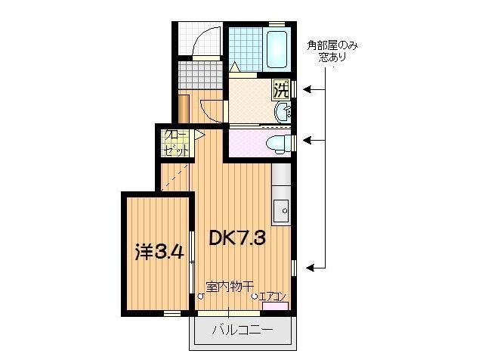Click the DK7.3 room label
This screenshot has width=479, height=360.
(236, 238)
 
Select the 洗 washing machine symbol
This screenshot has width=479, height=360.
(280, 88)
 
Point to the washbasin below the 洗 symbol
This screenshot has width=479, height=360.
(283, 113)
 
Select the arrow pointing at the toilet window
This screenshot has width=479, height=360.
(311, 140)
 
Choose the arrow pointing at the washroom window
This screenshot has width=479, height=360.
(311, 90)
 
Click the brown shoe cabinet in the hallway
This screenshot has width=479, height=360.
(184, 107)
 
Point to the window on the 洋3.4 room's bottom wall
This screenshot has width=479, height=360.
(172, 312)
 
